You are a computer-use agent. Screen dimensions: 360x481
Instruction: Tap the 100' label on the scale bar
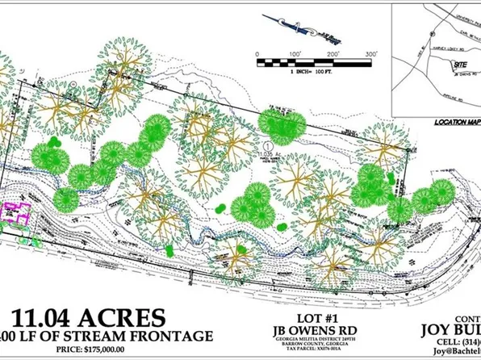point(295,53)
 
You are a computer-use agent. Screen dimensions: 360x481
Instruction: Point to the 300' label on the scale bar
point(371,53)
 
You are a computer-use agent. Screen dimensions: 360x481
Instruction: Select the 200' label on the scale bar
point(333,53)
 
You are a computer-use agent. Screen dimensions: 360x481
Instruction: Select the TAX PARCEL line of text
point(309,352)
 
